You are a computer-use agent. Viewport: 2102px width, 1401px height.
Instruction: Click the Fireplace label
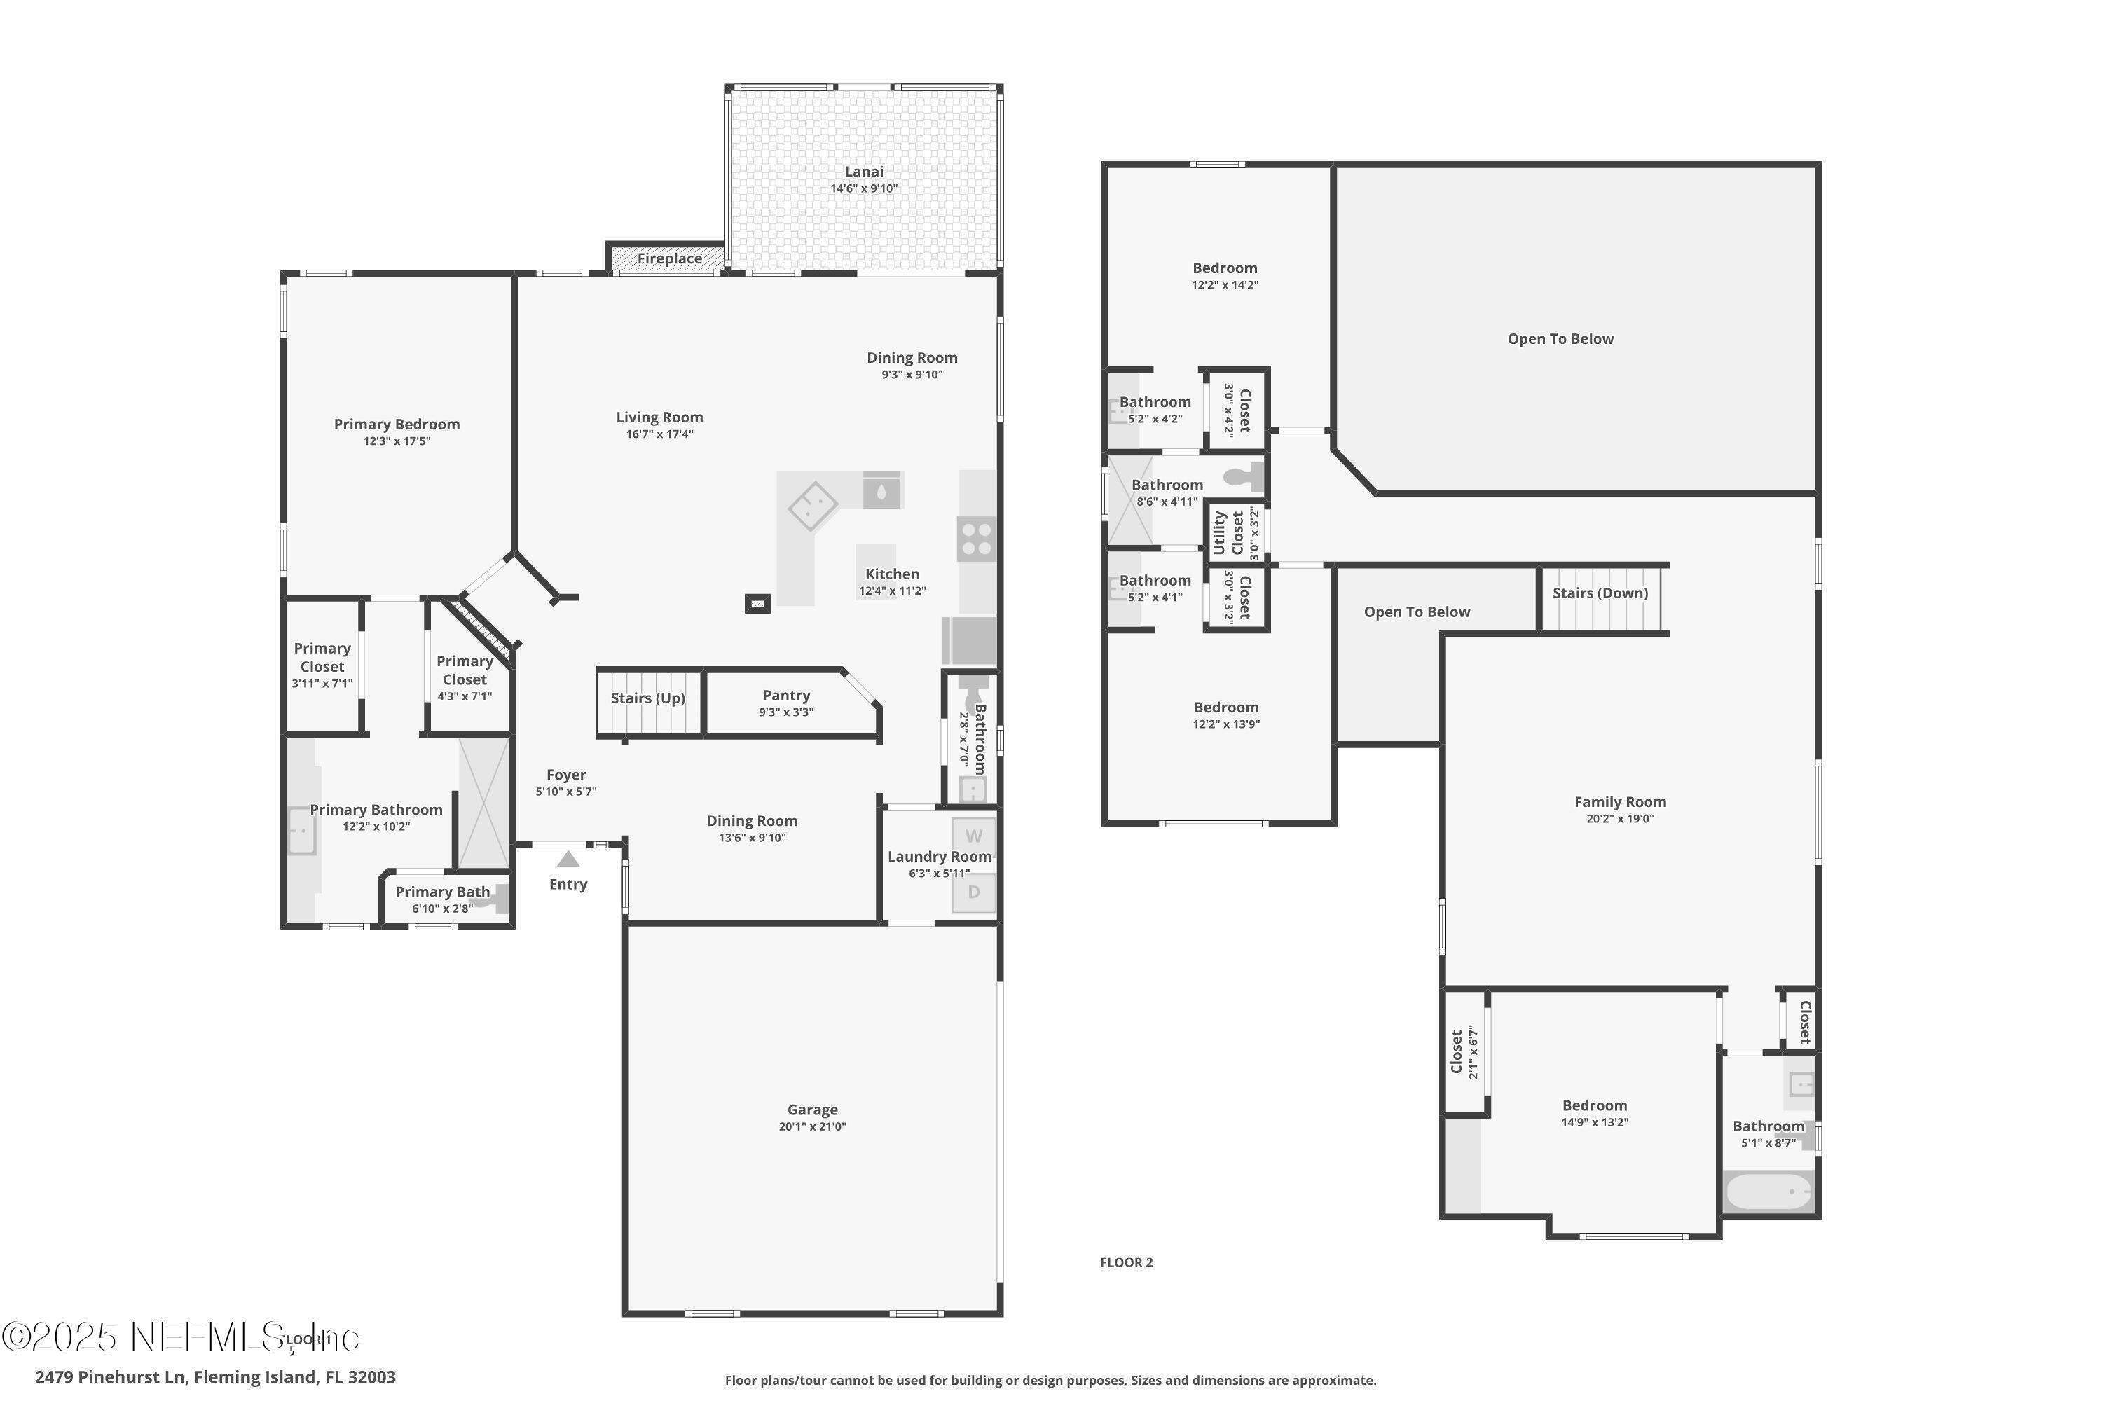point(669,259)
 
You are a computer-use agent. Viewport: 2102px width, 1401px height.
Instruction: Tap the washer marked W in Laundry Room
point(973,836)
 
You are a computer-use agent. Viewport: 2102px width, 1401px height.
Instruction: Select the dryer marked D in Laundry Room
point(973,892)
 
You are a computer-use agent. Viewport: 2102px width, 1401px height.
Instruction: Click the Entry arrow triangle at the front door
point(568,860)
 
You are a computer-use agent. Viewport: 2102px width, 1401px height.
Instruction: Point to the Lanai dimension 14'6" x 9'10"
point(863,188)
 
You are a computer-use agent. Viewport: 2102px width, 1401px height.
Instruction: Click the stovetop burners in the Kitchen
point(976,539)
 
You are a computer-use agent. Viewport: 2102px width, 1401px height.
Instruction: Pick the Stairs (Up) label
point(648,698)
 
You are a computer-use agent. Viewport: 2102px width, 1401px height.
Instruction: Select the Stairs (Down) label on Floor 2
point(1600,593)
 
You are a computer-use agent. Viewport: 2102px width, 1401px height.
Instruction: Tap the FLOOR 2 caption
point(1126,1262)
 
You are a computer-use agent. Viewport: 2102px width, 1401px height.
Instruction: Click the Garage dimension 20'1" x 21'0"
point(811,1126)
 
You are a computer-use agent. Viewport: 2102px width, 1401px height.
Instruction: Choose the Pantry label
point(786,695)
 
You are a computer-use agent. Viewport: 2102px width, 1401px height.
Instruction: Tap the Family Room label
point(1619,802)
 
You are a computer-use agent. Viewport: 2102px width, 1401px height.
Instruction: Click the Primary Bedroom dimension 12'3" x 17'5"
point(397,441)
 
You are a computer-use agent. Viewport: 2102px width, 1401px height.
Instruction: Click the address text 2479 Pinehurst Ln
point(111,1377)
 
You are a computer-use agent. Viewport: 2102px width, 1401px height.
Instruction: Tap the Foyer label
point(565,775)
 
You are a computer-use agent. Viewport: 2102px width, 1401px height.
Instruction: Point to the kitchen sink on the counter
point(881,490)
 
